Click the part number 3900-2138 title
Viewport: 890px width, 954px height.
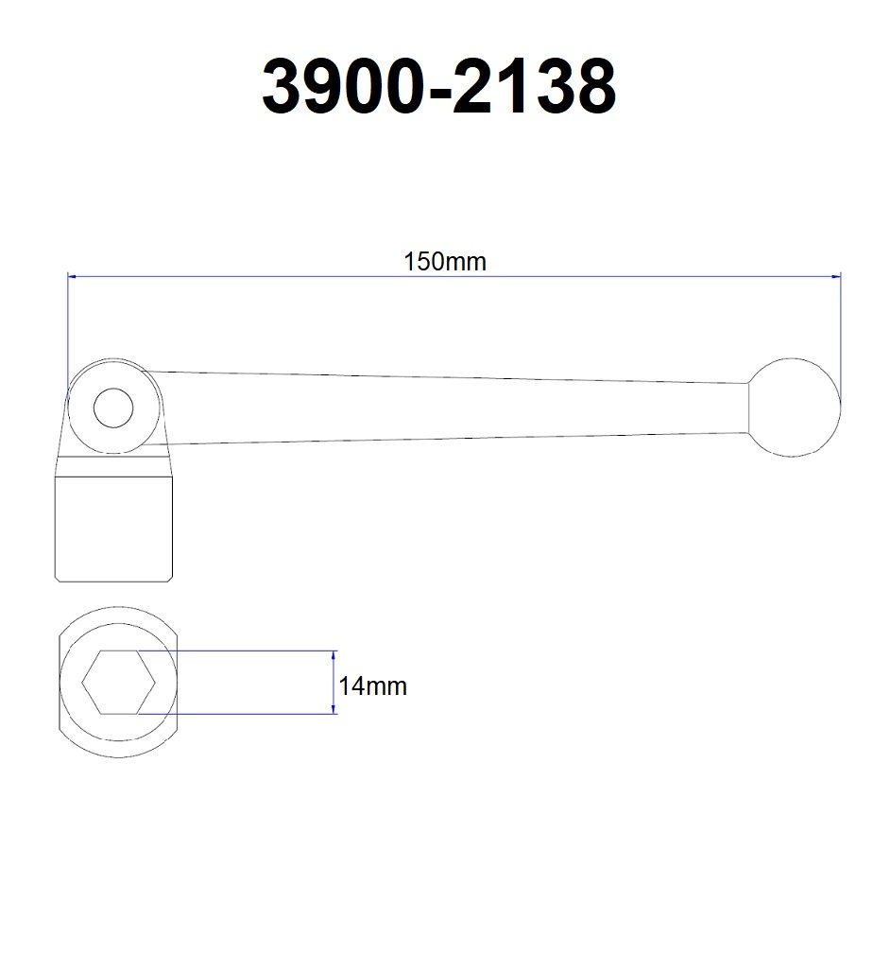pos(439,87)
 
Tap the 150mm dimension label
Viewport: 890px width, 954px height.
pos(445,261)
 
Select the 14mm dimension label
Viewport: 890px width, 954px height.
pos(373,686)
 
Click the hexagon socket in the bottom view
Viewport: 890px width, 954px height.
pos(117,683)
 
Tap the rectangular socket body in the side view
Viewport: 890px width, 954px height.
pos(115,529)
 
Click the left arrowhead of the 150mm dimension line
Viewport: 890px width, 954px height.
pos(72,277)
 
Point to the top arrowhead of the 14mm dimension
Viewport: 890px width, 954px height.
pos(334,655)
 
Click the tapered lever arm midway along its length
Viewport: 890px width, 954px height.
pos(454,407)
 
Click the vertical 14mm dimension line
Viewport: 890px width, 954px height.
pos(334,682)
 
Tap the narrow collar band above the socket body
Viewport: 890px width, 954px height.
pos(115,466)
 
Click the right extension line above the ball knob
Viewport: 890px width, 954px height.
pos(840,331)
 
